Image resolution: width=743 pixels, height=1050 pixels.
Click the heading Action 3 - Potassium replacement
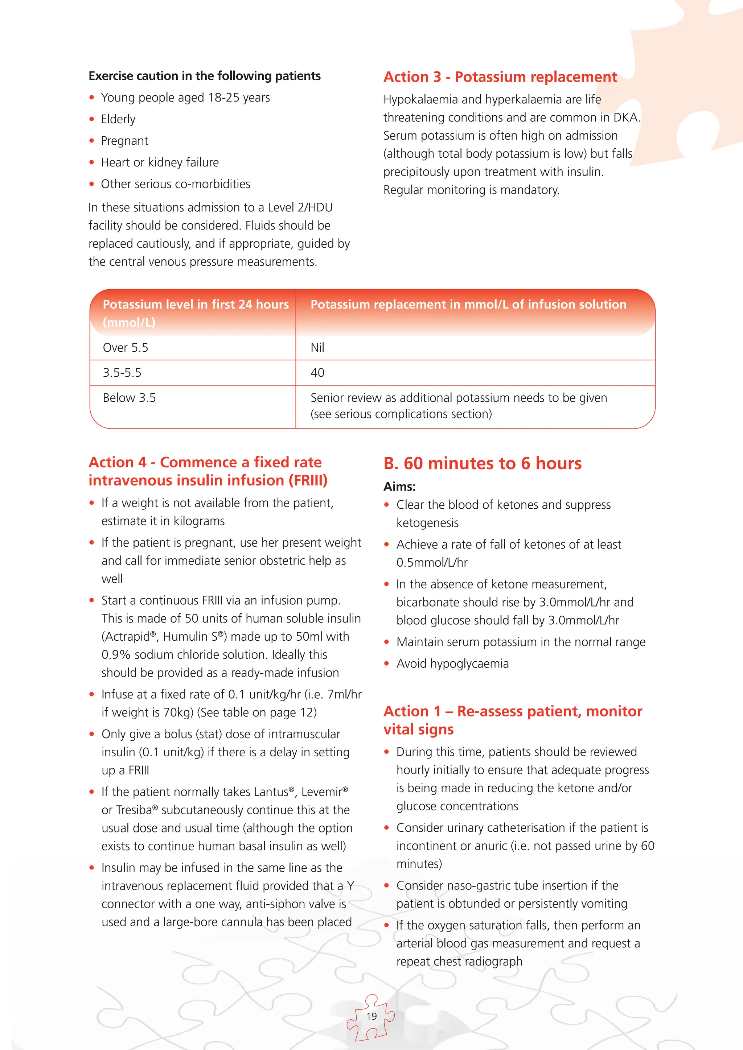point(500,77)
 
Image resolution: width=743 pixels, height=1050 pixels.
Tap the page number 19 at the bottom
point(371,1016)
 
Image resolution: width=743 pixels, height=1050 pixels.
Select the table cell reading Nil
point(317,348)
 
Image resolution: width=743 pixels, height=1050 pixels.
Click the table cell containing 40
point(317,373)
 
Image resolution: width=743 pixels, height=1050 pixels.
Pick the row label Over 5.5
point(126,348)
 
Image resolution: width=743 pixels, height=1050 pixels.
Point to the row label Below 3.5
point(129,398)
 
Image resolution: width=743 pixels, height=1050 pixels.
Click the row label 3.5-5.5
point(122,373)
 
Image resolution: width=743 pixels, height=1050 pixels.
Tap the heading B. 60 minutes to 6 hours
point(482,463)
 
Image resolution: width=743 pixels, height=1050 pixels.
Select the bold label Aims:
point(399,487)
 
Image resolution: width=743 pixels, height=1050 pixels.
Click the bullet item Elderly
point(118,119)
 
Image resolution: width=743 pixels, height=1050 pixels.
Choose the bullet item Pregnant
point(124,141)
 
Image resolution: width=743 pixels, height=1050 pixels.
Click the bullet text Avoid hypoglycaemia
point(452,664)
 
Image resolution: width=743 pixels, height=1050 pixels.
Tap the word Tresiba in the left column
point(134,810)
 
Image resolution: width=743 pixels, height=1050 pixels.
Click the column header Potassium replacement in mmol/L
point(468,305)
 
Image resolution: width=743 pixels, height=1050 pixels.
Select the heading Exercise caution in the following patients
point(205,76)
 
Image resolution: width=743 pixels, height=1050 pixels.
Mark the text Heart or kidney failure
point(160,162)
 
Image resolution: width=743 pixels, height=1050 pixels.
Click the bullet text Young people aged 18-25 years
point(185,98)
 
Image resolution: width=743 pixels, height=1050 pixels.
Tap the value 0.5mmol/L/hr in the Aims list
point(431,562)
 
